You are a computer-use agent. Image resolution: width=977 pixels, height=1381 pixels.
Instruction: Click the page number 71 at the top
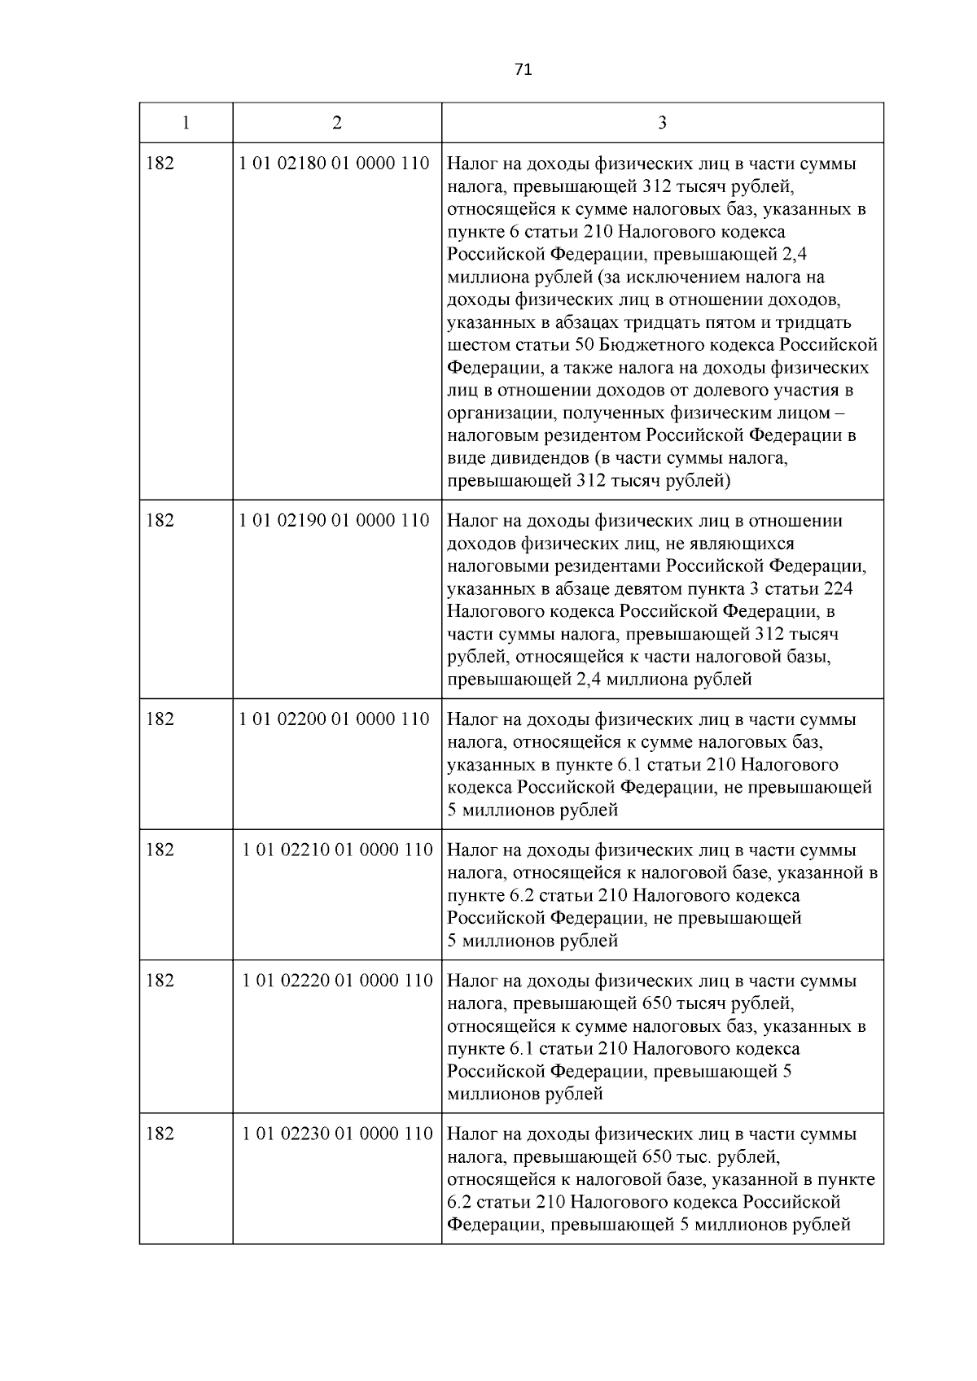click(524, 70)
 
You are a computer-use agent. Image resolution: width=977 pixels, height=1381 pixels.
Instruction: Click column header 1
click(186, 123)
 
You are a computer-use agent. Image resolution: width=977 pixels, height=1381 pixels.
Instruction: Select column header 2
click(337, 123)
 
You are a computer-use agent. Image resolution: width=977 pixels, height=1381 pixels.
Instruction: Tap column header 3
click(662, 123)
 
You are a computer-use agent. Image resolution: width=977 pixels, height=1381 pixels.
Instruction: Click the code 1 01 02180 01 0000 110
click(335, 164)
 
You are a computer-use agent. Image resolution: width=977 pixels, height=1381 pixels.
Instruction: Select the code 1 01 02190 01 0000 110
click(335, 521)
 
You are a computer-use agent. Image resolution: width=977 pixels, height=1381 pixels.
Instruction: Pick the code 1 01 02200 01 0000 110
click(335, 719)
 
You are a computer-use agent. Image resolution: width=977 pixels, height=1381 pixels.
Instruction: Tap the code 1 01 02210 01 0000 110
click(337, 850)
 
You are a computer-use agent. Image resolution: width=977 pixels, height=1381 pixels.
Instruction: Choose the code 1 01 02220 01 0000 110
click(337, 981)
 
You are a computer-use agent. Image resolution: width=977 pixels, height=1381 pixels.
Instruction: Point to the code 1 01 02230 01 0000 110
click(337, 1134)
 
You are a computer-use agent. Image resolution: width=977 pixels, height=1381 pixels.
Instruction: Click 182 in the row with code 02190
click(160, 521)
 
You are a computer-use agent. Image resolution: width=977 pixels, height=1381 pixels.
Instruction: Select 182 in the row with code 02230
click(160, 1134)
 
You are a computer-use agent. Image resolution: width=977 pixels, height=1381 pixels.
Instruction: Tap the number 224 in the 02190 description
click(839, 588)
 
